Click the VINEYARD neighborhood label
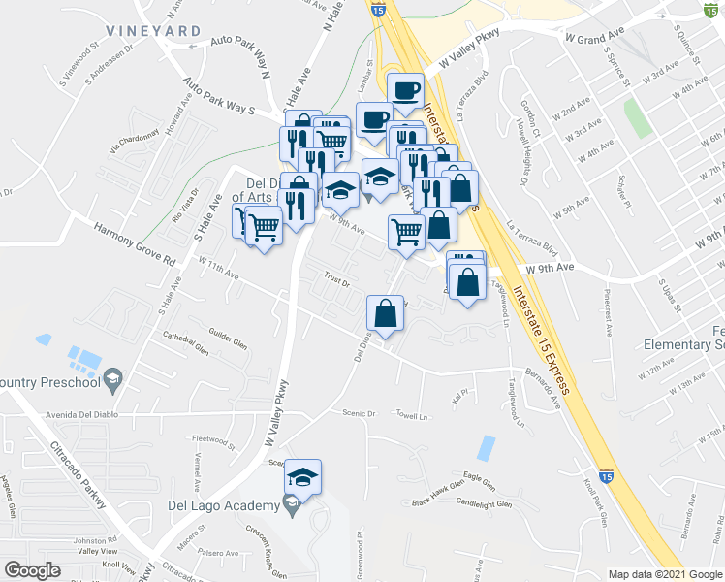pos(154,31)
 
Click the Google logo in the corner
pos(33,570)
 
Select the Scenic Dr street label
pos(359,412)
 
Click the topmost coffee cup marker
pos(405,90)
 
